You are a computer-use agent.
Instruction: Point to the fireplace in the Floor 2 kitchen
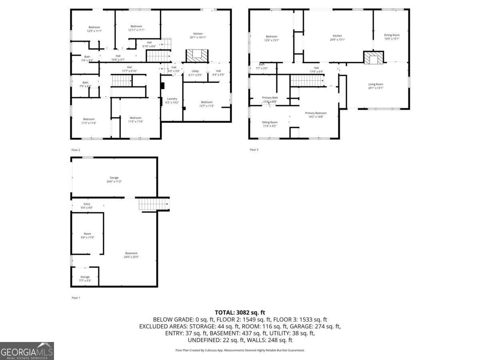[197, 55]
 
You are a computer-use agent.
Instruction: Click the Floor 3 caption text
[254, 150]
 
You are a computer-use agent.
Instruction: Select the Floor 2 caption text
[76, 150]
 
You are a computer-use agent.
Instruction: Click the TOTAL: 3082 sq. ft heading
[240, 312]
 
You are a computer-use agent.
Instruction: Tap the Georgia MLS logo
[27, 351]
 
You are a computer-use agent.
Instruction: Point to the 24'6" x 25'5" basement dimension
[131, 257]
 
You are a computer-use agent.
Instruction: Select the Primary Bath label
[270, 99]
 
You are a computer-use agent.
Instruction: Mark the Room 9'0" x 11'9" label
[88, 236]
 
